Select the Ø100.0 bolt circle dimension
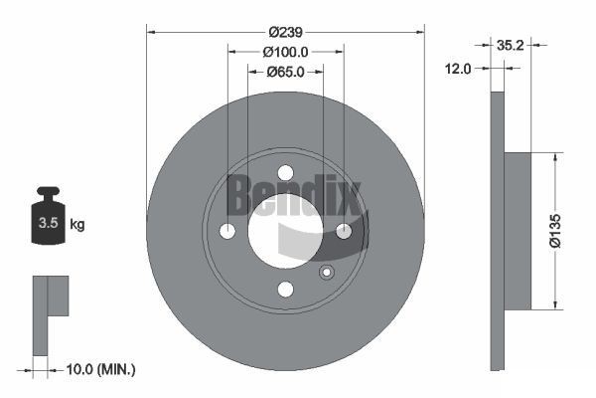click(285, 52)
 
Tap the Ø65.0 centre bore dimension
click(285, 72)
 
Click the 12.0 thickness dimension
click(459, 69)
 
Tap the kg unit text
click(77, 225)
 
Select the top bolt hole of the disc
click(285, 172)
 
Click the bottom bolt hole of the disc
click(285, 290)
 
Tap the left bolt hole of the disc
click(226, 231)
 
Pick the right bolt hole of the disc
click(344, 231)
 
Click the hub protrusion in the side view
click(519, 231)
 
